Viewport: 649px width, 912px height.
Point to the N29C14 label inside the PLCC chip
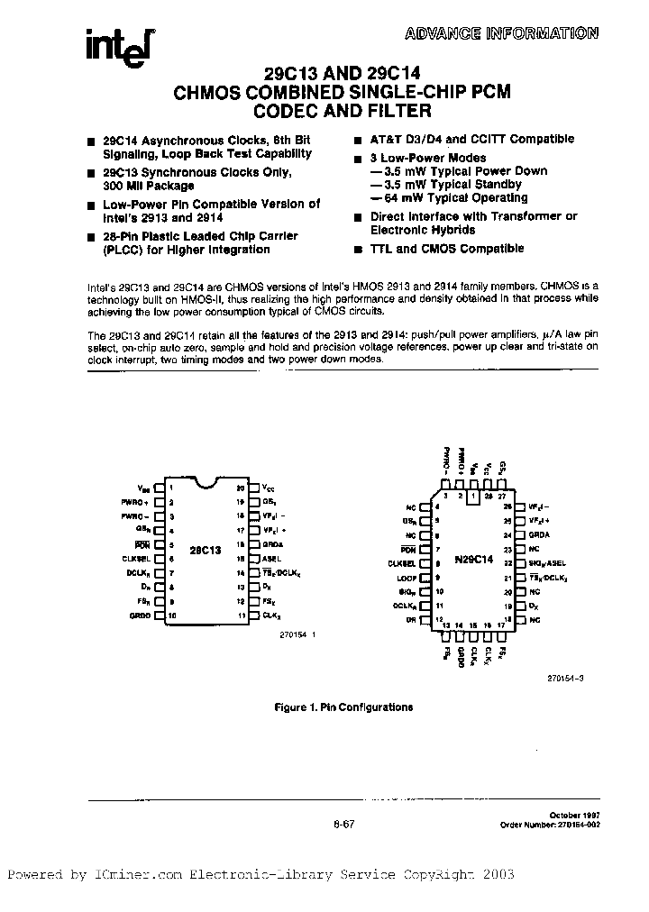[475, 560]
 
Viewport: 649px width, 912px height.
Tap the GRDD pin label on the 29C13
[141, 616]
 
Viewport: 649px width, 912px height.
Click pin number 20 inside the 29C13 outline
[241, 488]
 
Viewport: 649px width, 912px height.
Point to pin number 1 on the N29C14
[473, 497]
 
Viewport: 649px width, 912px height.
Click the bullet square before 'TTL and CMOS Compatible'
[358, 250]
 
